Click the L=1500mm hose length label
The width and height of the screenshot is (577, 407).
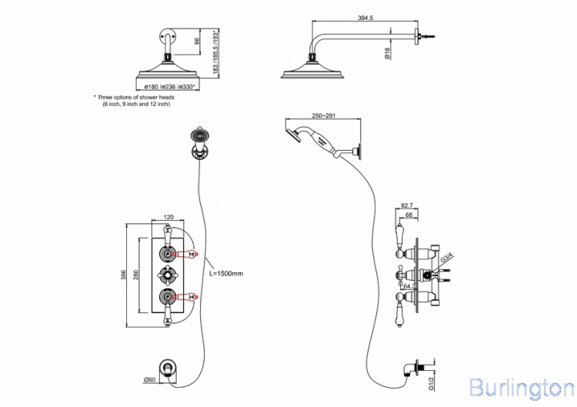click(226, 273)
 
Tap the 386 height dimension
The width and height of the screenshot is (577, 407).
click(122, 275)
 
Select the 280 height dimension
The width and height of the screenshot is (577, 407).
click(136, 275)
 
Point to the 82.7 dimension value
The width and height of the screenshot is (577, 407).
click(409, 207)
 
